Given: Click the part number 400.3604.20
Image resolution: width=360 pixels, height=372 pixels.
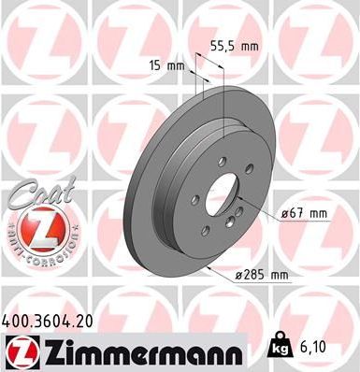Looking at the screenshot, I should [55, 320].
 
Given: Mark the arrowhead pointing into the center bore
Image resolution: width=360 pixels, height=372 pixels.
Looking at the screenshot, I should [240, 198].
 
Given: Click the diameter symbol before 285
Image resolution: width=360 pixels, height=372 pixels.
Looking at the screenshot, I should [240, 275].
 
